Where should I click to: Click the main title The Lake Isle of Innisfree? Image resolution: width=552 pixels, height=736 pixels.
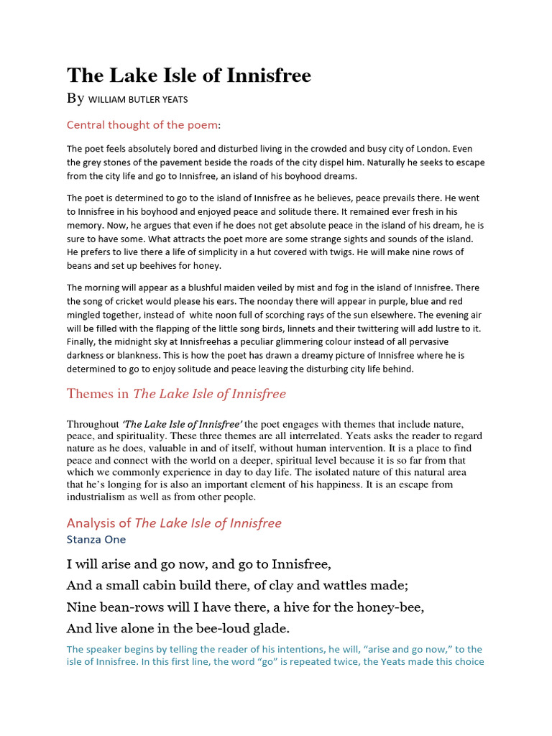[189, 75]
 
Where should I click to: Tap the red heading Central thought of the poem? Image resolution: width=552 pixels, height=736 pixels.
[142, 125]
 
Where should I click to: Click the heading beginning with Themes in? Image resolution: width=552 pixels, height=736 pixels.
[176, 394]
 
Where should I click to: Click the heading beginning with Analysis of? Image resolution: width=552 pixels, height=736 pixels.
[174, 523]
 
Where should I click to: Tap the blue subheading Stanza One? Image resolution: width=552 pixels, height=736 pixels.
[96, 539]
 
